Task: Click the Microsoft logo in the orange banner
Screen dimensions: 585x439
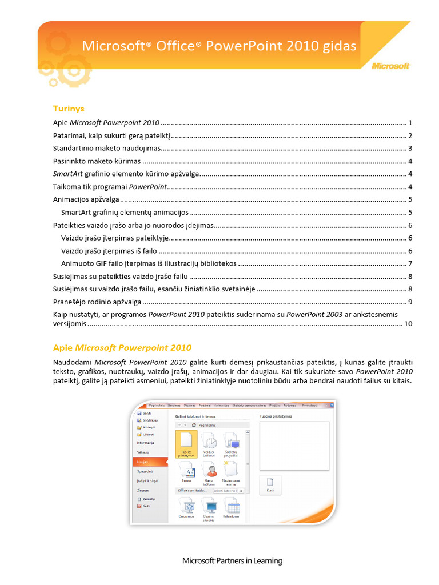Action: click(x=391, y=66)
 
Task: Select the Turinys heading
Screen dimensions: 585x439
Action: click(x=69, y=108)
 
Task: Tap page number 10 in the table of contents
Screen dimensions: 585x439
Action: click(x=408, y=324)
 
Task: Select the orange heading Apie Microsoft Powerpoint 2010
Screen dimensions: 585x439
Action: click(x=122, y=347)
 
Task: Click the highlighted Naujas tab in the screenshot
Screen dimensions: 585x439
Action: click(x=143, y=461)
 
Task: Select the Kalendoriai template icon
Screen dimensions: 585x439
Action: click(x=231, y=507)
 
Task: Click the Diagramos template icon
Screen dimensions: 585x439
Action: click(x=186, y=507)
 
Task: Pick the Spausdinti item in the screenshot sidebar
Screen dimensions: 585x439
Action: click(x=145, y=471)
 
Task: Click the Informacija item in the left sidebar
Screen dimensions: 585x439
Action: click(x=146, y=443)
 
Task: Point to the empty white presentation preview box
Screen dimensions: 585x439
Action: click(x=294, y=445)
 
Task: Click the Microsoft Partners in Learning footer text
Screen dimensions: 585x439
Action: click(x=232, y=560)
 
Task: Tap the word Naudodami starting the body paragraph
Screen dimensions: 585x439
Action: click(x=73, y=362)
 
